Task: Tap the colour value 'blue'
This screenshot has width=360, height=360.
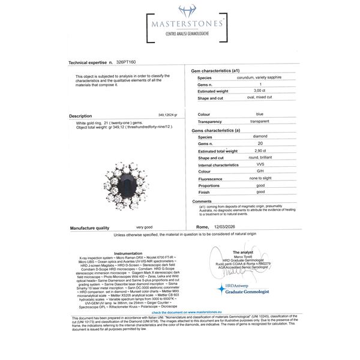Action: [242, 113]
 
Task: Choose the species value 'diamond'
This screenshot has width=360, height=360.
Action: [245, 137]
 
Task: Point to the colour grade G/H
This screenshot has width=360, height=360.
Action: [244, 172]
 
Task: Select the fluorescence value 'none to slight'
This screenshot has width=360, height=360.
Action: [251, 179]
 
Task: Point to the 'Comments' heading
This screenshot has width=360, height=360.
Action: [202, 202]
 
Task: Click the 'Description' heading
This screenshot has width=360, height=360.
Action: [80, 116]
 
